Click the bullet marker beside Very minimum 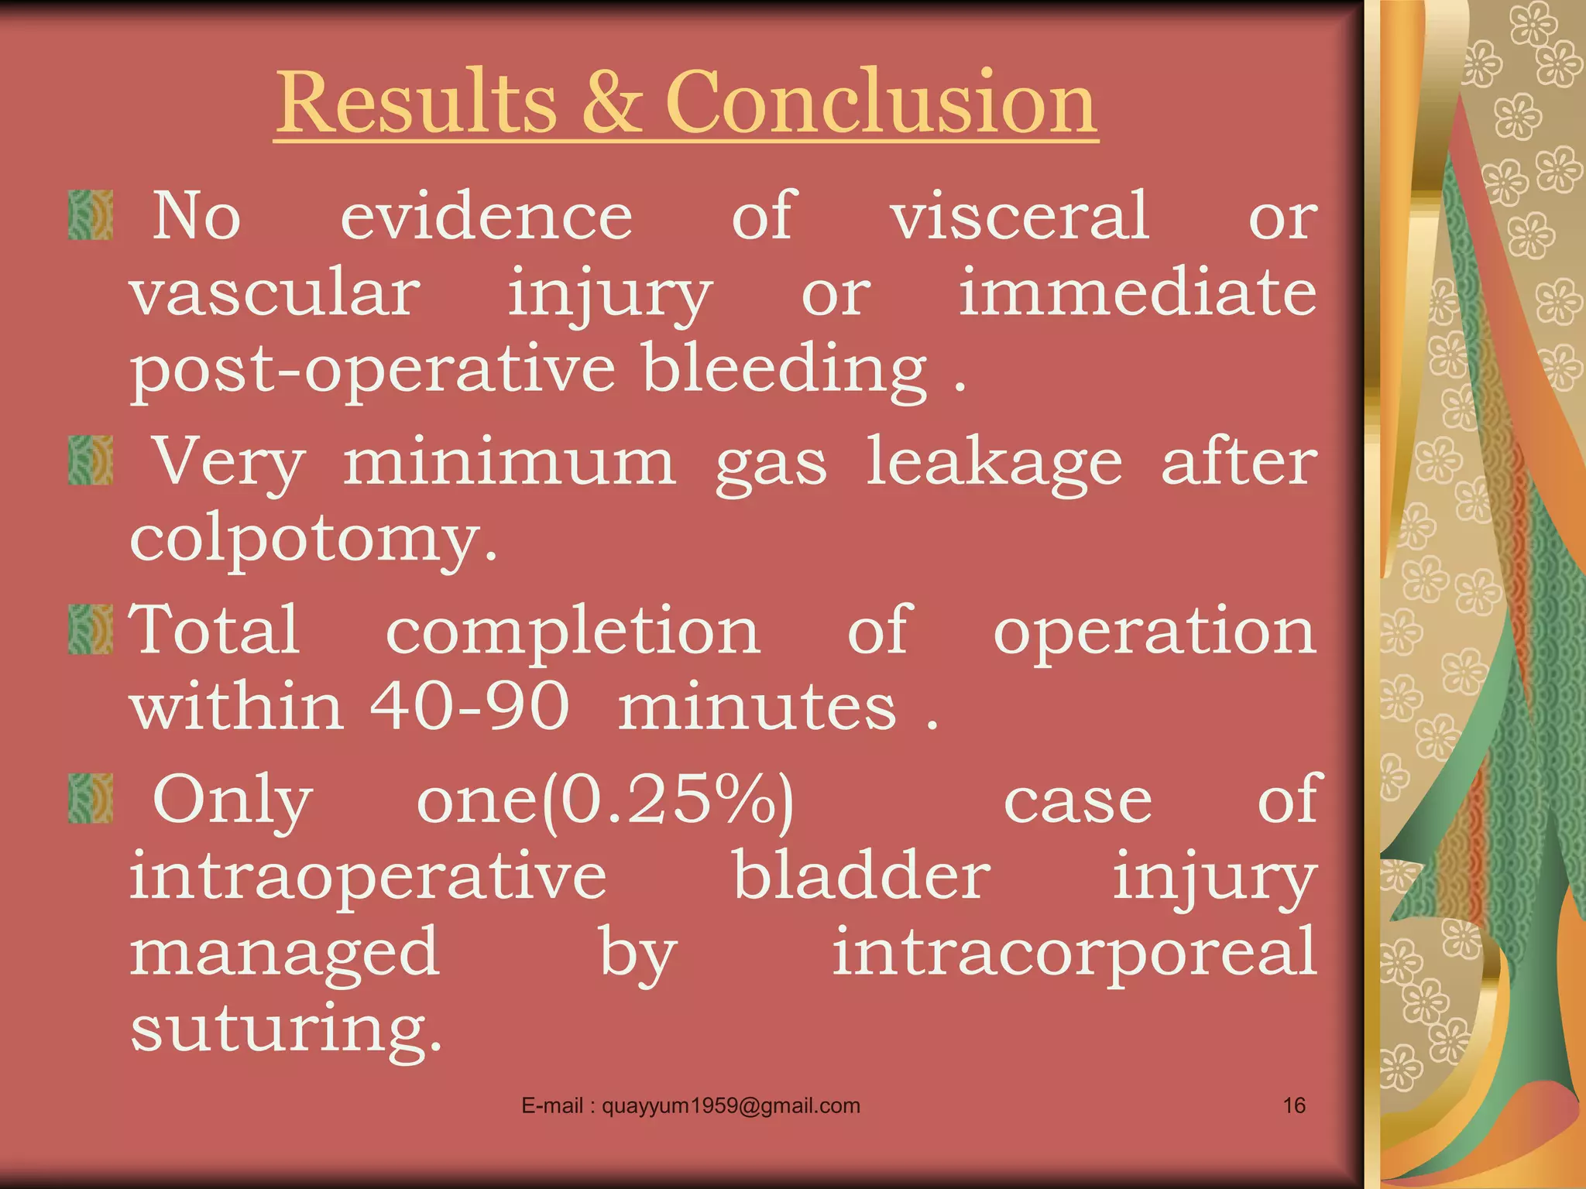(x=91, y=461)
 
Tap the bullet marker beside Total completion (x=91, y=630)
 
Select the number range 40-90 (x=469, y=706)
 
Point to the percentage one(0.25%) (x=606, y=800)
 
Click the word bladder (x=861, y=876)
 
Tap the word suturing (x=285, y=1030)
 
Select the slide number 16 (x=1294, y=1105)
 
